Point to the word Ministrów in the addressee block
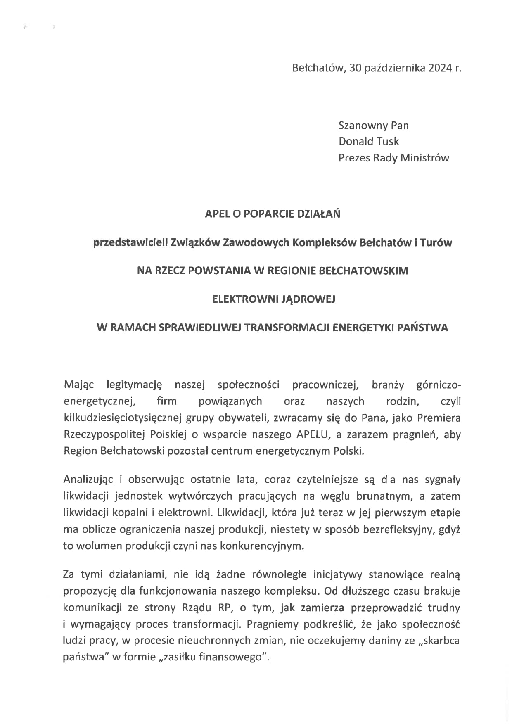point(427,158)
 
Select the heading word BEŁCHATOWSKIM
point(364,271)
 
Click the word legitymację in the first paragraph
point(134,385)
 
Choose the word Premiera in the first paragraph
point(439,418)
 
